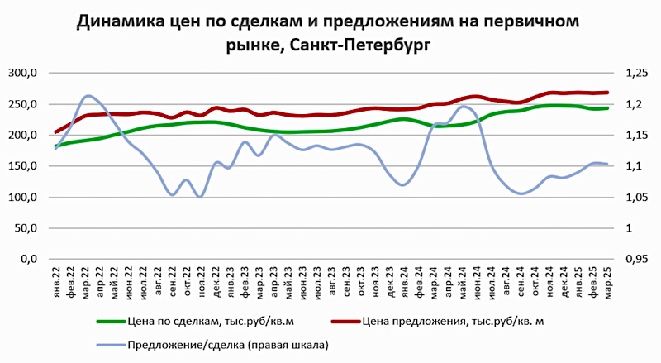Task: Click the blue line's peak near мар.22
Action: point(88,96)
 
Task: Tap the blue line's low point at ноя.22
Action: point(201,196)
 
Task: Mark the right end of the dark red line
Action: point(608,93)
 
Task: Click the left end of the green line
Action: point(56,146)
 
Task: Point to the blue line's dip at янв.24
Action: point(404,184)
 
